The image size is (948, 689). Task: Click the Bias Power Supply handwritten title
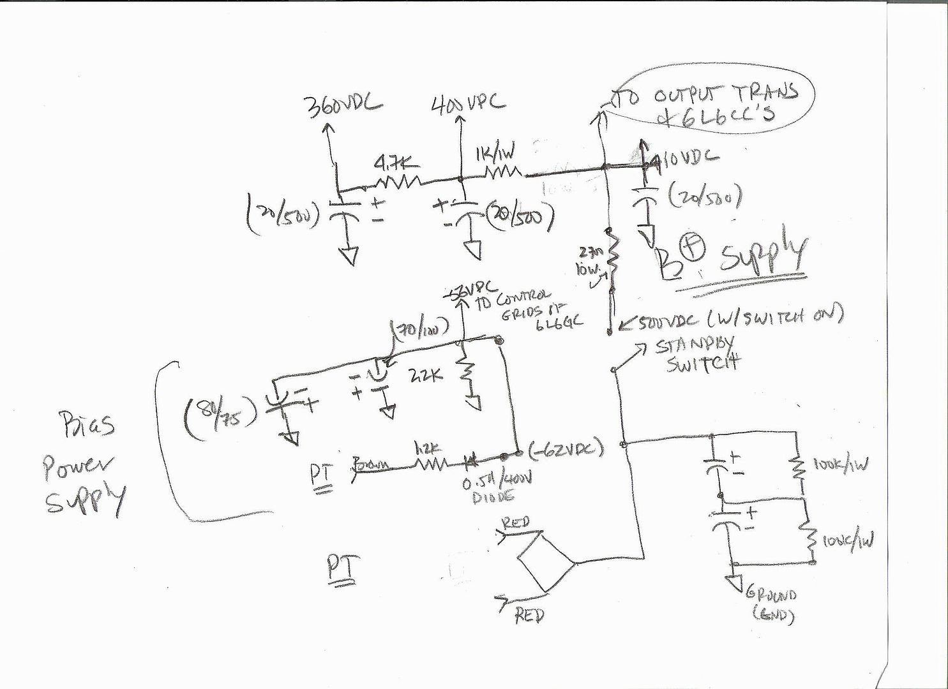83,466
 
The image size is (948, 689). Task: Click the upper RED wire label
515,523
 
